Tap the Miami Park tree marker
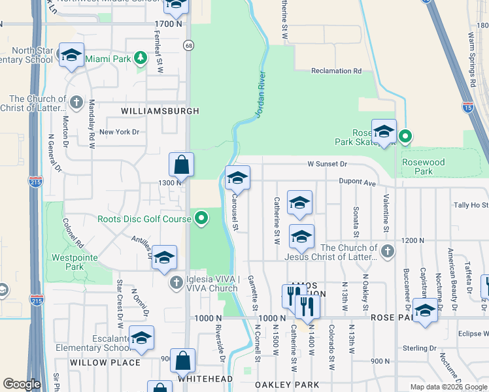[x=140, y=59]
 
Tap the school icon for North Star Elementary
[x=71, y=56]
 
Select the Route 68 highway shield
[x=188, y=44]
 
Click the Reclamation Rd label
[x=336, y=71]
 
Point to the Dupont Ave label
[x=357, y=182]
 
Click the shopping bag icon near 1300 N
[x=182, y=165]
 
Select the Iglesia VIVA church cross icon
[x=175, y=282]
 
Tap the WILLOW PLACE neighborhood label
[x=105, y=362]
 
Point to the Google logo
[x=22, y=384]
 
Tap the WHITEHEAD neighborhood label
[x=205, y=378]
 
